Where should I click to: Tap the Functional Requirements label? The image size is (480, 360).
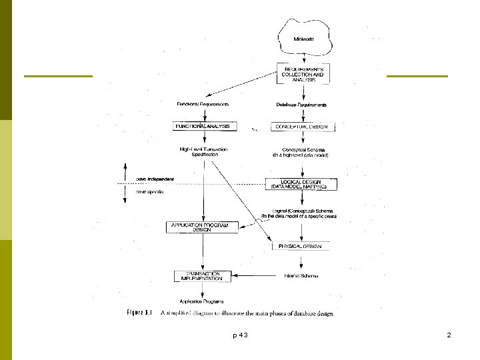203,104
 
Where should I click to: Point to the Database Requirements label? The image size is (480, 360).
301,104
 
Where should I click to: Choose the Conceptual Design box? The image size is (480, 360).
301,127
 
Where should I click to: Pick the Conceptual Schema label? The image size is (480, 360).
301,152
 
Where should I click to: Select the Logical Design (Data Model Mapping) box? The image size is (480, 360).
301,185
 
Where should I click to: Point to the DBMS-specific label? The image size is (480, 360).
150,191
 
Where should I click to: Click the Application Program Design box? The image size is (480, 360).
201,227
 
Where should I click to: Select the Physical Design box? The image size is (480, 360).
301,246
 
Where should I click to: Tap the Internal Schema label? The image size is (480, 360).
301,275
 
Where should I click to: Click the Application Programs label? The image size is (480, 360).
202,301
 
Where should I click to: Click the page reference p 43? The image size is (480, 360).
240,335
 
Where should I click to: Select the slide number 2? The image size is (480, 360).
449,335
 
